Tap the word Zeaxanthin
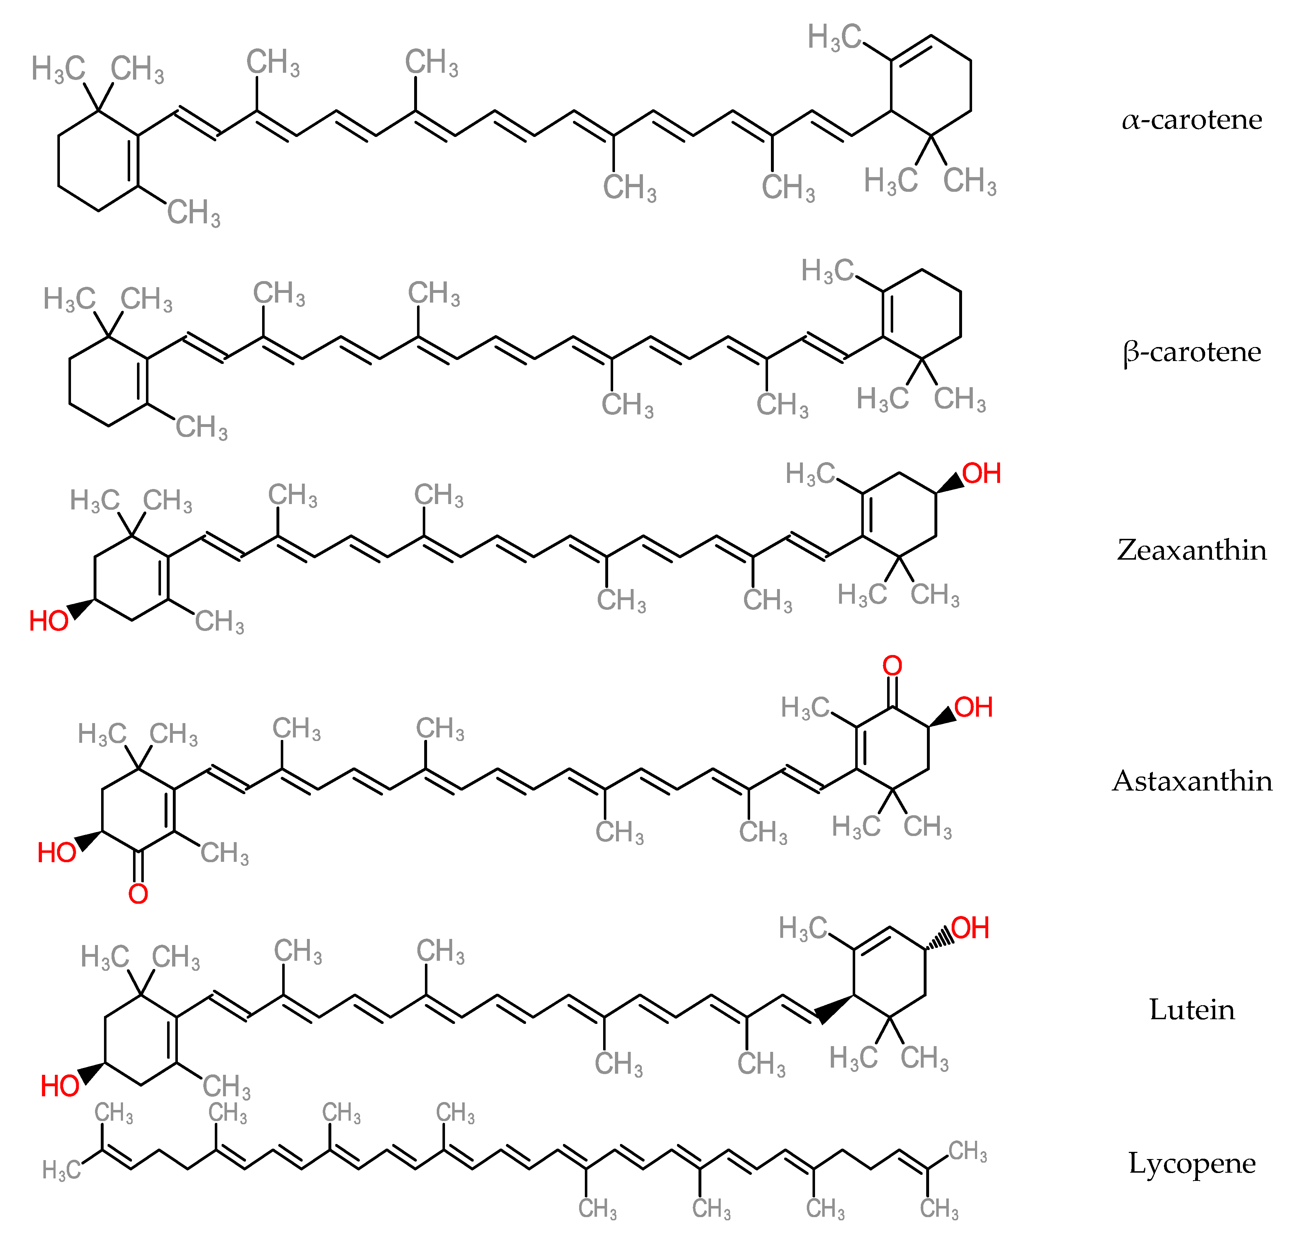pyautogui.click(x=1192, y=550)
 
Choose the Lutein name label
pyautogui.click(x=1192, y=1010)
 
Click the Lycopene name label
pyautogui.click(x=1192, y=1162)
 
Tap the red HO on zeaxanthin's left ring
pyautogui.click(x=49, y=621)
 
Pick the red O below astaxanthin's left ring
pyautogui.click(x=138, y=894)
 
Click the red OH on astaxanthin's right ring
pyautogui.click(x=974, y=708)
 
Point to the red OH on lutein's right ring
pyautogui.click(x=970, y=929)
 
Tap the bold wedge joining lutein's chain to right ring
pyautogui.click(x=834, y=1008)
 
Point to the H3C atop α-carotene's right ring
pyautogui.click(x=834, y=37)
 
